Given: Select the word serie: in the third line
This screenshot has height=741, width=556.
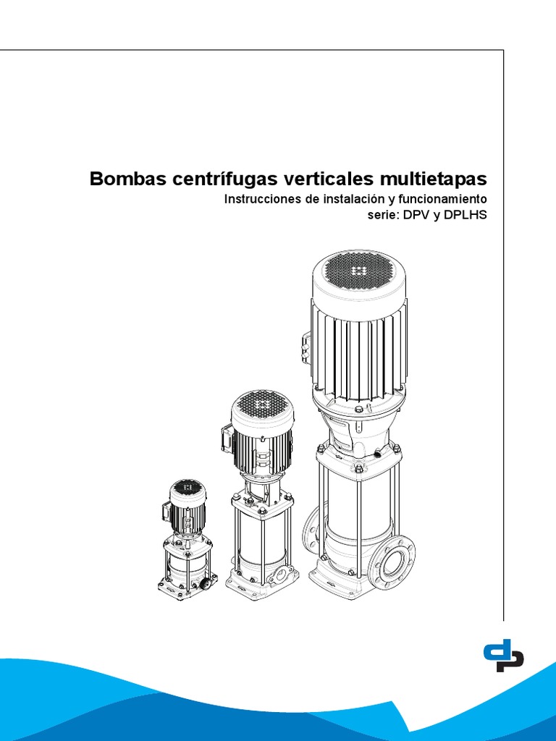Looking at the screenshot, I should [x=382, y=215].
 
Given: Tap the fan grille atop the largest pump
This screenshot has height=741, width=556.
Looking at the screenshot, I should [x=358, y=270].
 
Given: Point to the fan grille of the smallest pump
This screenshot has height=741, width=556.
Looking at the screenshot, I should [x=188, y=488].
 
